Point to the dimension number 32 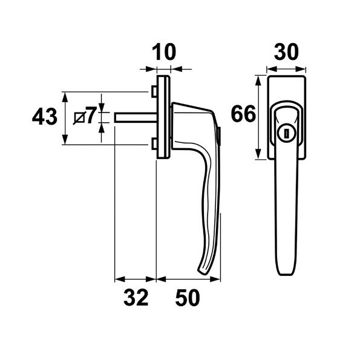tap(136, 298)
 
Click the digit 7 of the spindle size tap(90, 116)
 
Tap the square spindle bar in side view tap(136, 117)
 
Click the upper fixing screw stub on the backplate tap(154, 91)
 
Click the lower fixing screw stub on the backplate tap(154, 144)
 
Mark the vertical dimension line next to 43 tap(64, 118)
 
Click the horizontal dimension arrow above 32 tap(136, 280)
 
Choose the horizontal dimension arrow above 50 tap(189, 280)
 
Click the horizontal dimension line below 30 tap(286, 69)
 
